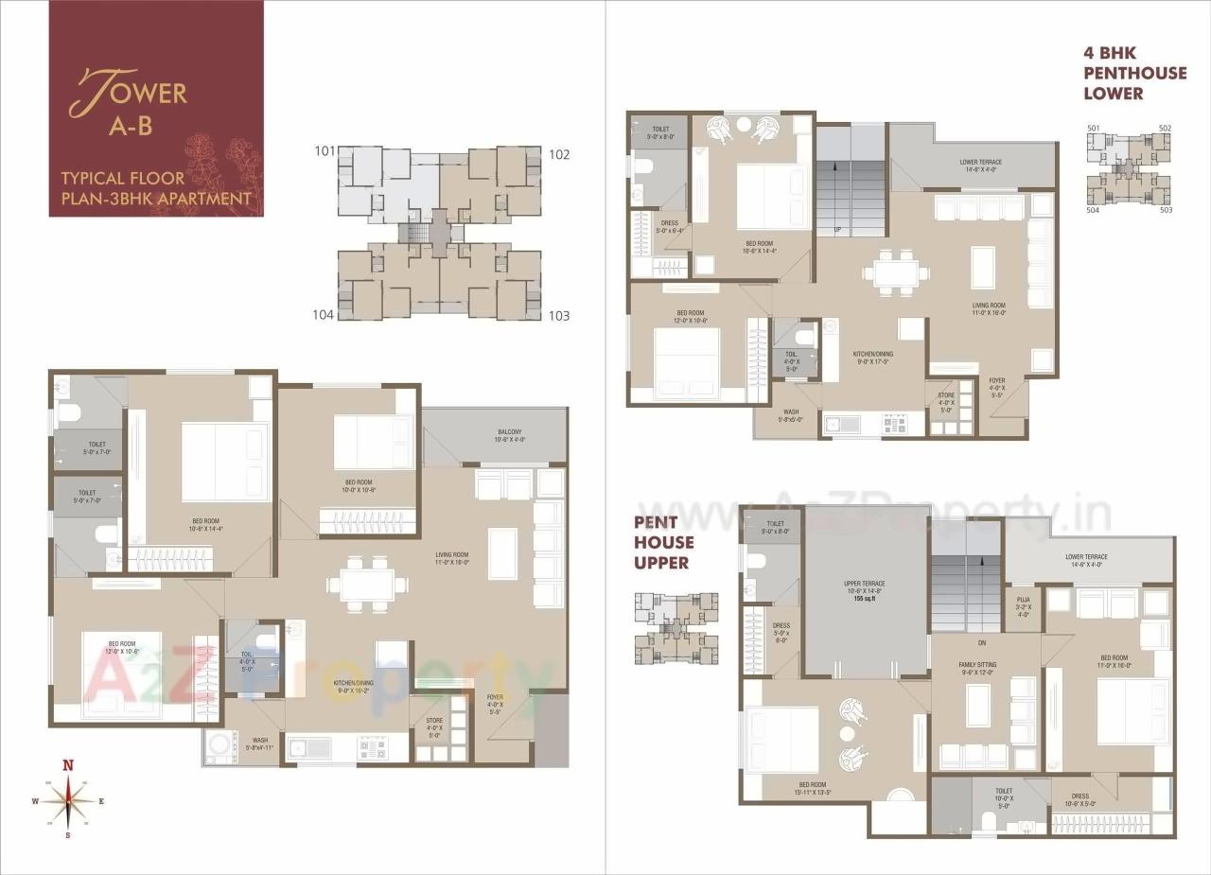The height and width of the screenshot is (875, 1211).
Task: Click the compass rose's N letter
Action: coord(68,765)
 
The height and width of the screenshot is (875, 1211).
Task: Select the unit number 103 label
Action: coord(559,315)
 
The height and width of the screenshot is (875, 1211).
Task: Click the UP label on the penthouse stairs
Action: coord(837,230)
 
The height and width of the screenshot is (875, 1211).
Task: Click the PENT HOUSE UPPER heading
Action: coord(663,542)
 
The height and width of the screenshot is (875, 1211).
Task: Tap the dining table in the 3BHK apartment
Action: coord(367,584)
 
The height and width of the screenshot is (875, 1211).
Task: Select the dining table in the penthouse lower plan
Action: coord(895,272)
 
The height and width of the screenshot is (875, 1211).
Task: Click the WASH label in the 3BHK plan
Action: coord(259,744)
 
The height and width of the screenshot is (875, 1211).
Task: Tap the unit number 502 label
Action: coord(1165,128)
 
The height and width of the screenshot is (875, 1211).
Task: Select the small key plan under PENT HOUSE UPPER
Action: coord(675,628)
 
